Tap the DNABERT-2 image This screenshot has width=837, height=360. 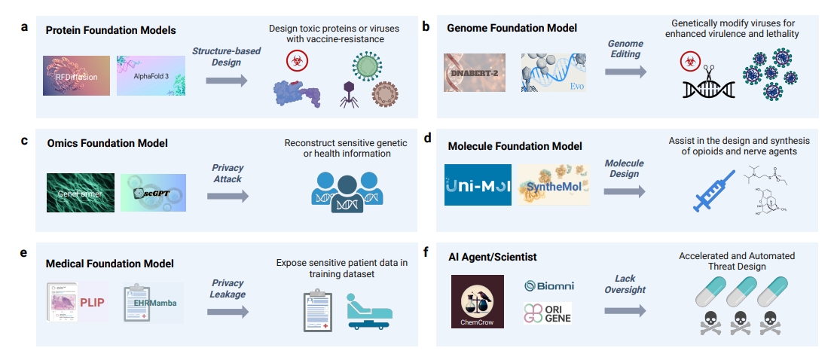click(475, 72)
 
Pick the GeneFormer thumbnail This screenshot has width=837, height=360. click(81, 192)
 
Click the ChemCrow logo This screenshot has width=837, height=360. click(478, 301)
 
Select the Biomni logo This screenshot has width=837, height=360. click(550, 286)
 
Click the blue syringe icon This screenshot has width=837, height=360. click(712, 193)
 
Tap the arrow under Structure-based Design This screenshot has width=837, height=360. click(228, 81)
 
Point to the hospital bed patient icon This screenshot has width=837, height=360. click(369, 311)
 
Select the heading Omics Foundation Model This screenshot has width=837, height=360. click(107, 143)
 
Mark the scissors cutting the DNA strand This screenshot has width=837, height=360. click(709, 73)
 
